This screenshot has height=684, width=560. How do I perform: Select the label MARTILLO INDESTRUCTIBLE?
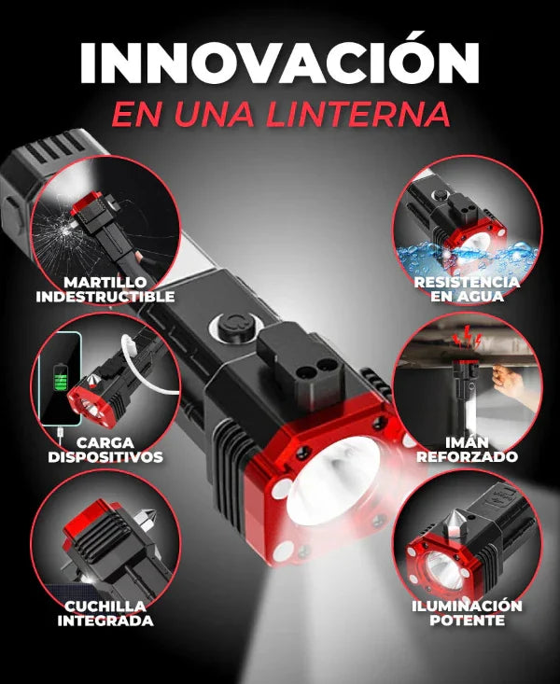(x=105, y=289)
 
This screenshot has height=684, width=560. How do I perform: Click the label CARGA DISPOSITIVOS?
(x=105, y=449)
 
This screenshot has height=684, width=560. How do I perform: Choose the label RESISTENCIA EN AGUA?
(x=468, y=288)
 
